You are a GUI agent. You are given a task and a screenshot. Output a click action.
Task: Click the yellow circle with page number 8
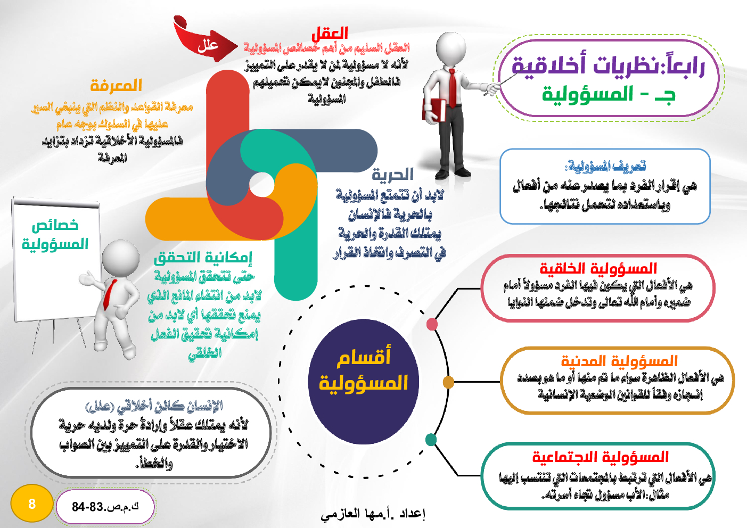[32, 504]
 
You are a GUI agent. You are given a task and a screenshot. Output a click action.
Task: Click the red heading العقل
[330, 34]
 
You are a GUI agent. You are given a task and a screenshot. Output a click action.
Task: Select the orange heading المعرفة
[116, 86]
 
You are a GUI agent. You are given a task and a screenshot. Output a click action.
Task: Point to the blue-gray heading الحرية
[392, 174]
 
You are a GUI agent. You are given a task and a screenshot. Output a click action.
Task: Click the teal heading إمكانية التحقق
[203, 258]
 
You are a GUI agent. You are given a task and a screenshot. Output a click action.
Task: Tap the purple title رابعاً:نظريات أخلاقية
[608, 65]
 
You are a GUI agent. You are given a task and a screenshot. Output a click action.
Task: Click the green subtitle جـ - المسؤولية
[609, 95]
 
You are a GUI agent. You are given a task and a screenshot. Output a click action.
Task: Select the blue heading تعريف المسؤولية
[605, 166]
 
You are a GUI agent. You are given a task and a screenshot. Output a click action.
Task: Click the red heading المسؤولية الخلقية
[598, 268]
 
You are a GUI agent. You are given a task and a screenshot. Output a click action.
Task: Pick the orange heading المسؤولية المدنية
[619, 361]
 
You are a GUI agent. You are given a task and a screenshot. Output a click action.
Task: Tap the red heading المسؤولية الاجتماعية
[600, 457]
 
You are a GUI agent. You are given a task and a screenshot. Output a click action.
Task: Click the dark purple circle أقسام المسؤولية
[364, 382]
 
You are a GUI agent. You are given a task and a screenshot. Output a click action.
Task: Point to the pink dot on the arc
[432, 324]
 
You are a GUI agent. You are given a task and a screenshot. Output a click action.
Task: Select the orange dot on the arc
[448, 382]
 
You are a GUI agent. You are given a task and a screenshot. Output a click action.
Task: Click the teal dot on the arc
[431, 440]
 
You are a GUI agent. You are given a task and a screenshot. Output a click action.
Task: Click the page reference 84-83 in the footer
[105, 507]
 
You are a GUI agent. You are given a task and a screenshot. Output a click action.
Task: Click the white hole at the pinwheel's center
[261, 184]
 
